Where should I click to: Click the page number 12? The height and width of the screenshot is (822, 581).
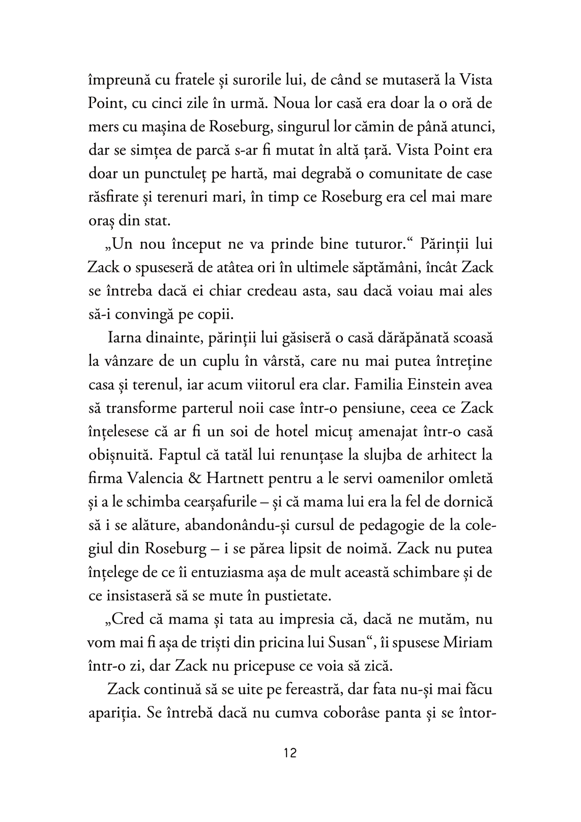(290, 753)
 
